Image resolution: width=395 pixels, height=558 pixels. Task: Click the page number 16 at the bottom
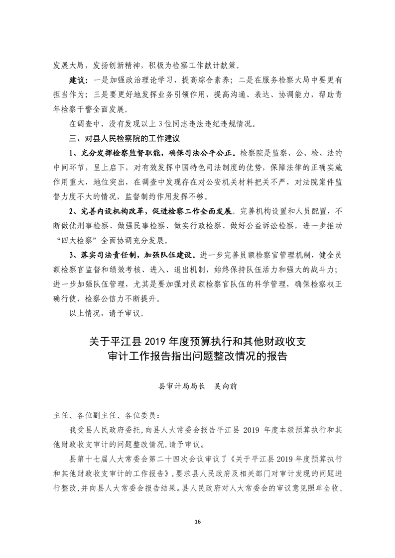coord(197,521)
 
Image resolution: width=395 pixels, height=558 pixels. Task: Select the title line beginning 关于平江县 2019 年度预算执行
coord(197,342)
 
